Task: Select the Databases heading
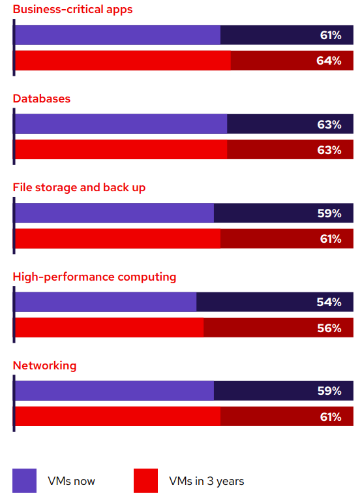click(42, 99)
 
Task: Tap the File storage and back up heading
click(80, 187)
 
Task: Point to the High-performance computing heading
click(95, 277)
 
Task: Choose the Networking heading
click(44, 365)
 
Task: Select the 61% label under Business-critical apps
click(330, 35)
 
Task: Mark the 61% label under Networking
click(330, 417)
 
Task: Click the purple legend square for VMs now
click(24, 481)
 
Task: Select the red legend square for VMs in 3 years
click(145, 481)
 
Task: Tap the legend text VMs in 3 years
click(206, 482)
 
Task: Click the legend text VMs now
click(71, 482)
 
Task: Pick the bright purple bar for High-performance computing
click(106, 302)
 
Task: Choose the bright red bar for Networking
click(117, 417)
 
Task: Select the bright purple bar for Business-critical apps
click(117, 35)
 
